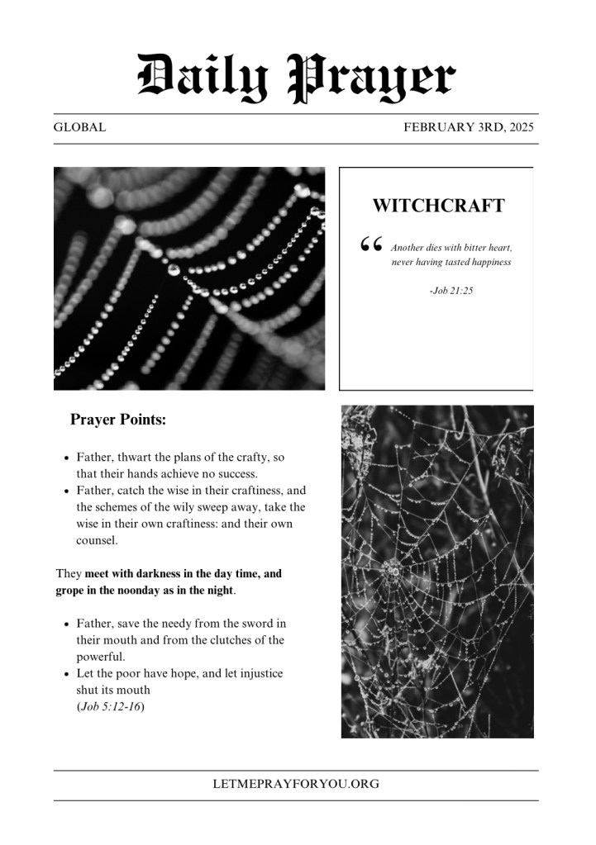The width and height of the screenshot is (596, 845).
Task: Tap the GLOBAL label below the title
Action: coord(79,128)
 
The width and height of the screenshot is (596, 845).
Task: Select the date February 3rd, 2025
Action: coord(469,128)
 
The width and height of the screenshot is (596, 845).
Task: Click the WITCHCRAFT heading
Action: coord(438,206)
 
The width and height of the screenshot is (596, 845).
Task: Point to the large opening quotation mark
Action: coord(371,244)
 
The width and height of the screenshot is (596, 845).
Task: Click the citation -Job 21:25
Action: coord(451,291)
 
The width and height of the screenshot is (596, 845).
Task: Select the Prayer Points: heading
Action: coord(118,420)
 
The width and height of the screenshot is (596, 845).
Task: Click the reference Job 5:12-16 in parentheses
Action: coord(111,707)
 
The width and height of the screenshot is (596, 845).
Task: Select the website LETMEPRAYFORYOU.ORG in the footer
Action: coord(296,784)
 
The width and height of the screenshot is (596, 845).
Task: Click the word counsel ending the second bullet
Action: coord(97,541)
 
